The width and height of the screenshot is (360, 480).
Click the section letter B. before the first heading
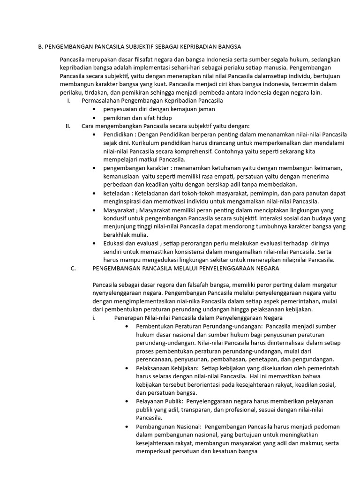[x=40, y=47]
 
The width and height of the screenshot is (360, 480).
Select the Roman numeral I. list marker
[x=69, y=101]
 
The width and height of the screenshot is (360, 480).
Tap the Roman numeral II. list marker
[x=68, y=126]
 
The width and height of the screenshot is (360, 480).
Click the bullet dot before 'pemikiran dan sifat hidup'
[x=95, y=118]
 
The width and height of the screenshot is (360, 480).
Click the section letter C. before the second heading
[x=73, y=269]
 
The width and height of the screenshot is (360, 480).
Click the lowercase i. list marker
[x=94, y=318]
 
